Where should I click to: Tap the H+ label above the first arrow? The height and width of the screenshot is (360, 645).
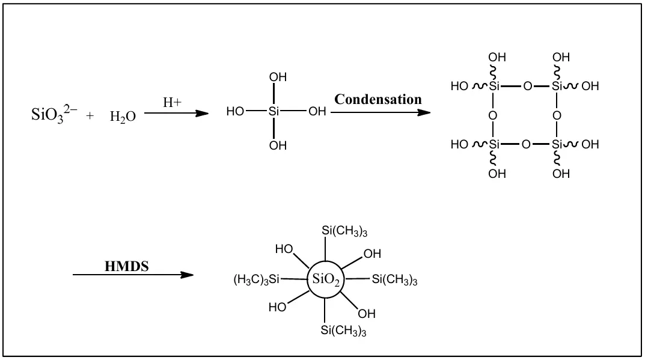[x=173, y=102]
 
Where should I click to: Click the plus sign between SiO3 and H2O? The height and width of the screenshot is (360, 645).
[x=90, y=117]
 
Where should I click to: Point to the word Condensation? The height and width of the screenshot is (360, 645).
[x=378, y=99]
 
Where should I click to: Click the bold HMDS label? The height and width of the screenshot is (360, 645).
[x=127, y=266]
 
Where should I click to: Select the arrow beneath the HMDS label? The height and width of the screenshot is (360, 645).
[x=133, y=275]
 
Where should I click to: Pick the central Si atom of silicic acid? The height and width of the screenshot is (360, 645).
[x=274, y=112]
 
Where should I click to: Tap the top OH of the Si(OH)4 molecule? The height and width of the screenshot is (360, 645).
[x=278, y=78]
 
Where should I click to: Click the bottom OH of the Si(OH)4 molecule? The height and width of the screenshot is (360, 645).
[x=278, y=145]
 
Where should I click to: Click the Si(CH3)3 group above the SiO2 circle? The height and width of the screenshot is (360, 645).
[x=344, y=231]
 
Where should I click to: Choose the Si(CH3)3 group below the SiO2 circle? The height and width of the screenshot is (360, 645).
[x=343, y=331]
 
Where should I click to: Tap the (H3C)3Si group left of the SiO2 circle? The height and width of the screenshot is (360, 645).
[x=257, y=279]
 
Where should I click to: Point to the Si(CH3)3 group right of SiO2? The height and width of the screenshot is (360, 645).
[x=394, y=279]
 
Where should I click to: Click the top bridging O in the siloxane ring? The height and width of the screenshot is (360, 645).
[x=527, y=87]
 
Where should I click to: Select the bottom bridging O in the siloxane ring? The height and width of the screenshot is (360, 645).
[x=527, y=144]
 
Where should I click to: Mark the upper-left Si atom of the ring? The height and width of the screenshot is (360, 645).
[x=494, y=87]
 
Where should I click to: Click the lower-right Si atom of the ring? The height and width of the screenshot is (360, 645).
[x=557, y=144]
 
